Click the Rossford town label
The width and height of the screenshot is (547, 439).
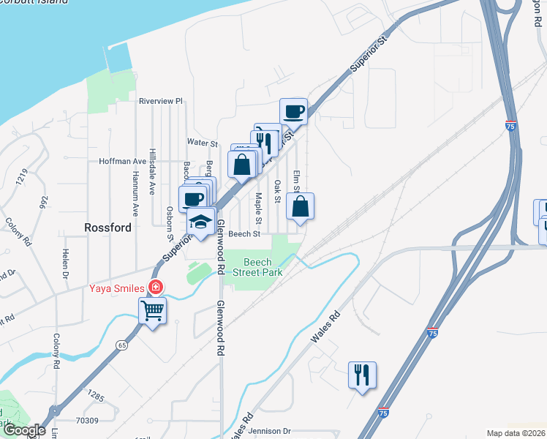pyautogui.click(x=107, y=228)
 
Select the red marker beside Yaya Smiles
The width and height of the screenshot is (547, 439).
pyautogui.click(x=154, y=288)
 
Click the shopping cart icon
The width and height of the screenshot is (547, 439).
pyautogui.click(x=152, y=311)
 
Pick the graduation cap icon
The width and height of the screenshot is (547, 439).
pyautogui.click(x=200, y=222)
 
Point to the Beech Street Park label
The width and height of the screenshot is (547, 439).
pyautogui.click(x=257, y=267)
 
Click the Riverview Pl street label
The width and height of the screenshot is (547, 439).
pyautogui.click(x=160, y=101)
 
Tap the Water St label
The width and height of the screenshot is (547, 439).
pyautogui.click(x=203, y=143)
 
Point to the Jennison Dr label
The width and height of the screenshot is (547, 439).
pyautogui.click(x=269, y=432)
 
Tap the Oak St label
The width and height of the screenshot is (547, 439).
pyautogui.click(x=278, y=190)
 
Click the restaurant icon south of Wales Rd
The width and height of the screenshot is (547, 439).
pyautogui.click(x=362, y=375)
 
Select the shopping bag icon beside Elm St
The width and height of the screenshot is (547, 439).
pyautogui.click(x=300, y=207)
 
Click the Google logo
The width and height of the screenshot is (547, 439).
pyautogui.click(x=23, y=430)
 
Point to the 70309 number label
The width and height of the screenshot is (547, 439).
pyautogui.click(x=86, y=421)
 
